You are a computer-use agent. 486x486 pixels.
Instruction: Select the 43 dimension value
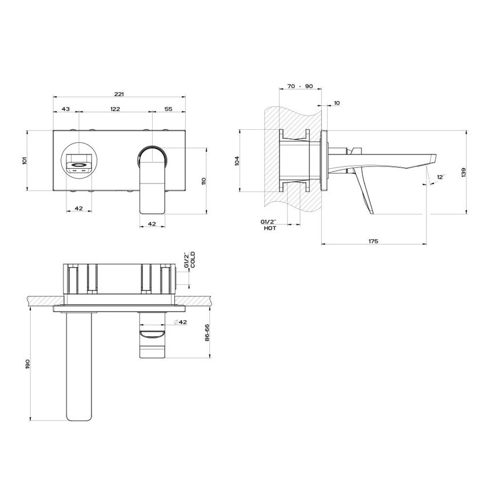65,109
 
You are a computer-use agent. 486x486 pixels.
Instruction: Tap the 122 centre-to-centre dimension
114,109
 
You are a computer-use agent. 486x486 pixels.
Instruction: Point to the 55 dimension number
168,109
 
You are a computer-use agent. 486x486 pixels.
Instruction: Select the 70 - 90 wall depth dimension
300,86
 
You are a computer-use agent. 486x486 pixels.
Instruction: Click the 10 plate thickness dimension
337,103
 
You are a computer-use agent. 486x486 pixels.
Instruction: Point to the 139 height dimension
464,173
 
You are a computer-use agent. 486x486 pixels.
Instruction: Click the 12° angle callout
440,178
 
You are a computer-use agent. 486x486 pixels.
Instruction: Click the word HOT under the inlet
270,228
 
